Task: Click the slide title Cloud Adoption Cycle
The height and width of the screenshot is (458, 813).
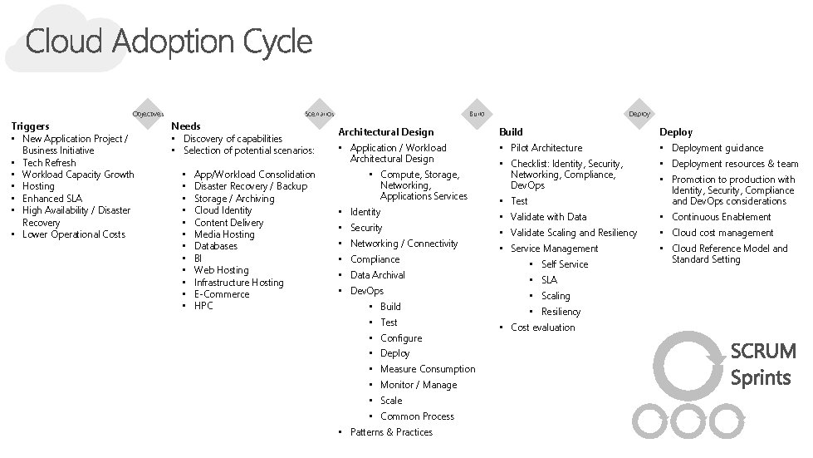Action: click(169, 42)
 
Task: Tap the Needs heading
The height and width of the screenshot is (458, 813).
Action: click(185, 126)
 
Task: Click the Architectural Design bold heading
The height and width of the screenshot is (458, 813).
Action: click(385, 132)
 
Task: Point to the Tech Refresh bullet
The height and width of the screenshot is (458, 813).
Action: click(49, 163)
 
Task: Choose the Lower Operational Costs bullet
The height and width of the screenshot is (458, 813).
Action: click(74, 234)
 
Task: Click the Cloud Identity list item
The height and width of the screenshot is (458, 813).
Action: click(223, 211)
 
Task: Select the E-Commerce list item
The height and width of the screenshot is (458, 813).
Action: click(221, 294)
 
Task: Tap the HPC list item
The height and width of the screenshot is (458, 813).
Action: click(203, 306)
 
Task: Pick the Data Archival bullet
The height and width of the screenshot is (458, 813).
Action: click(378, 275)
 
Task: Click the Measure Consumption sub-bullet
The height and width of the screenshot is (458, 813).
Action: click(428, 369)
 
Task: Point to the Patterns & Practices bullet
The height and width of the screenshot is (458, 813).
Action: click(391, 432)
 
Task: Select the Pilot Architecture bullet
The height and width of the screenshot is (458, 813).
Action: click(546, 148)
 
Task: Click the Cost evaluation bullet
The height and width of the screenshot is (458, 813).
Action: click(542, 327)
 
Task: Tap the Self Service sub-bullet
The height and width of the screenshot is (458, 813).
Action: click(565, 264)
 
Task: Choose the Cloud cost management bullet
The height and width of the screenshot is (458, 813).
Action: click(722, 233)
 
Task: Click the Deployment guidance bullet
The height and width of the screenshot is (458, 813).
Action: click(717, 148)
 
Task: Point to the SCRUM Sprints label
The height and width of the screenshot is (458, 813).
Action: click(762, 364)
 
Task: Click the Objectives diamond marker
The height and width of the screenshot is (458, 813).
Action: click(148, 113)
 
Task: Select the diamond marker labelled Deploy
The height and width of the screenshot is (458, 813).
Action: click(639, 113)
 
